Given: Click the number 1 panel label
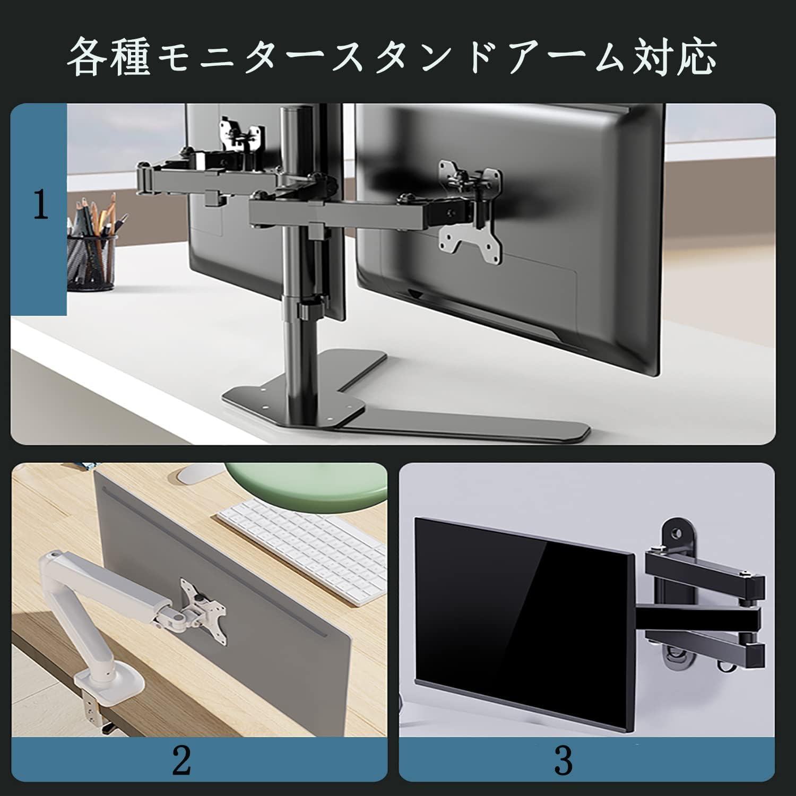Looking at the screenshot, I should (x=40, y=205).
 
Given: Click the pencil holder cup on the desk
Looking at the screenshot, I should (x=91, y=263).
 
